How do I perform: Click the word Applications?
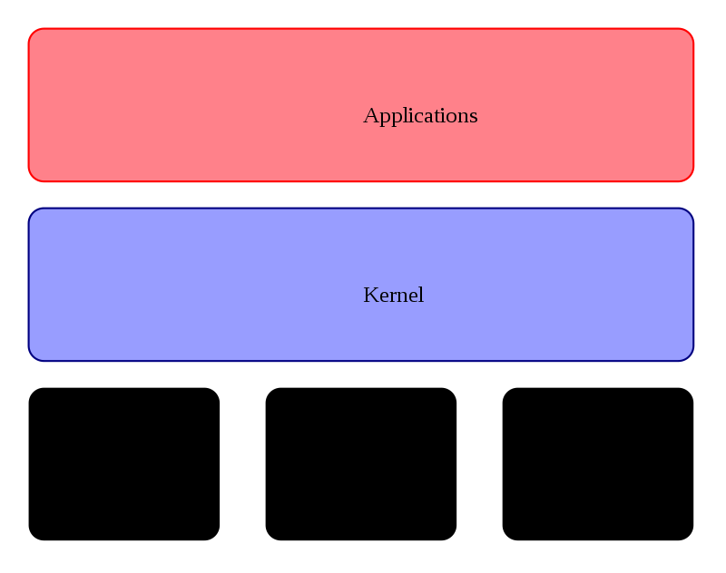[x=420, y=116]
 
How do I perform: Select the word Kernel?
[x=393, y=296]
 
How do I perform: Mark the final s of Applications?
[x=473, y=117]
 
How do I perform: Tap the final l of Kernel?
[x=420, y=295]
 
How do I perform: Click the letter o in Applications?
[x=449, y=117]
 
